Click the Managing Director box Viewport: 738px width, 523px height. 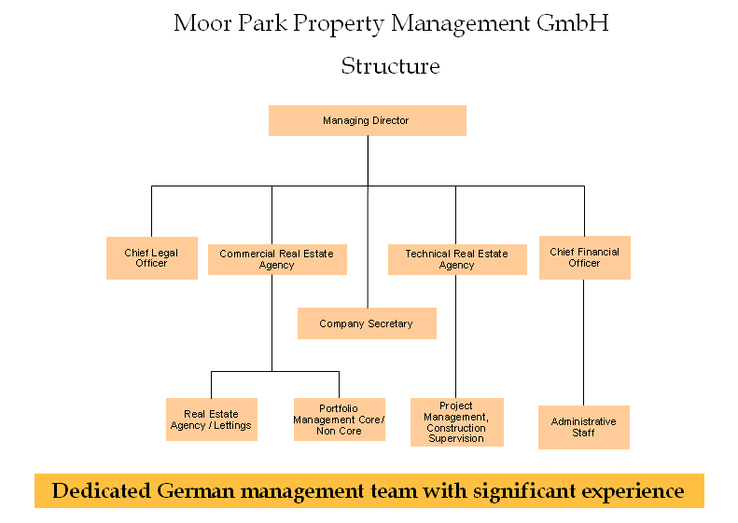click(367, 120)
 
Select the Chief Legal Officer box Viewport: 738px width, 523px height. click(151, 258)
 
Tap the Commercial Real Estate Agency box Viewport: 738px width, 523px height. click(277, 259)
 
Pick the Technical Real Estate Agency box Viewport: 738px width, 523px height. click(456, 259)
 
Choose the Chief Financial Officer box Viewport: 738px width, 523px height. click(584, 257)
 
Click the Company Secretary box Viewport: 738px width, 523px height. click(366, 323)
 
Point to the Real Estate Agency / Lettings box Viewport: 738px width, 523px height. click(211, 420)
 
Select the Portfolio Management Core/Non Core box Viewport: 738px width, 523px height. click(339, 420)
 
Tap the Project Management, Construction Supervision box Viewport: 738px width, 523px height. click(456, 422)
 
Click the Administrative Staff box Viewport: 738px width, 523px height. click(583, 427)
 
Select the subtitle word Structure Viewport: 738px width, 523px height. click(390, 66)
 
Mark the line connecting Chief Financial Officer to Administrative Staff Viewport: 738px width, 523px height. click(584, 341)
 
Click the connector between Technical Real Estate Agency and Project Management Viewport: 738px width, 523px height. click(456, 336)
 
